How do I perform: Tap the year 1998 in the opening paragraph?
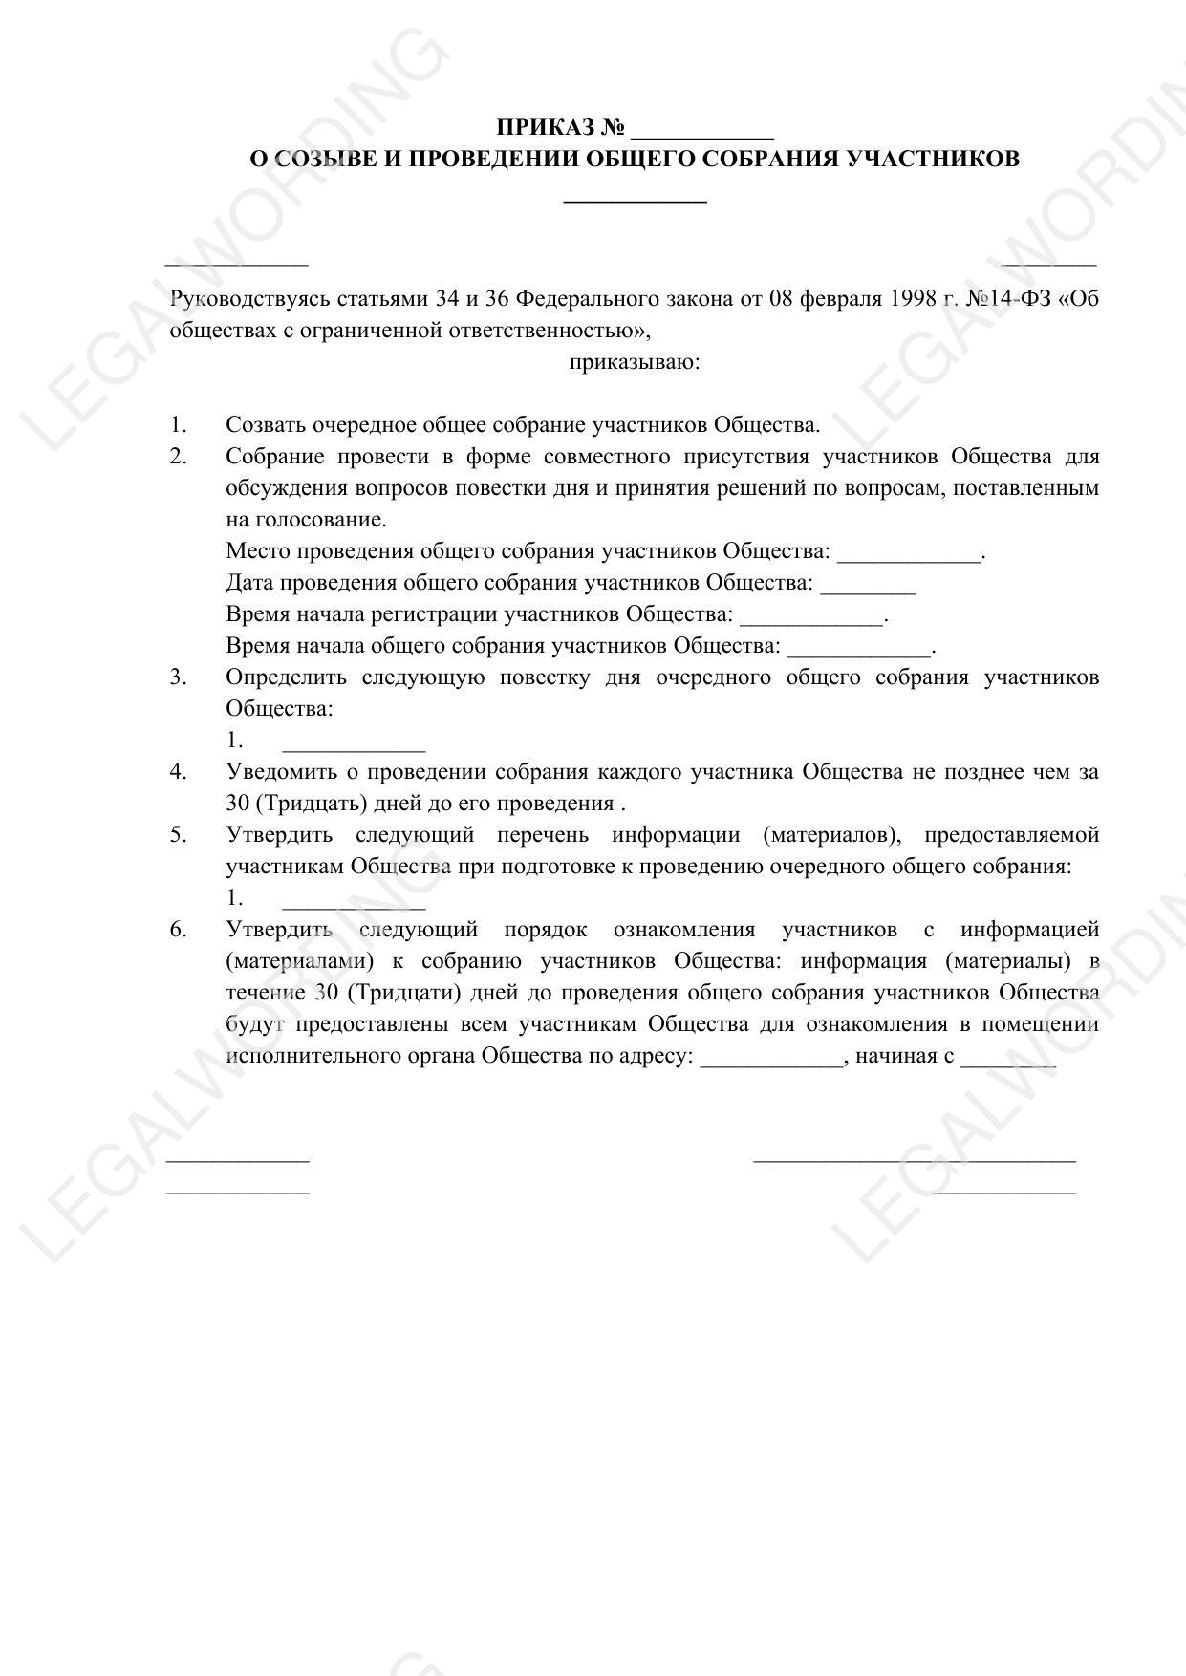click(x=913, y=299)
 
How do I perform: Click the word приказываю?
click(x=635, y=363)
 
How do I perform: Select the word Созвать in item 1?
click(x=266, y=425)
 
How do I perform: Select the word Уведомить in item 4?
click(x=278, y=772)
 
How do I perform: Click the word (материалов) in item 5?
click(x=832, y=835)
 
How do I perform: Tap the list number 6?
click(x=178, y=930)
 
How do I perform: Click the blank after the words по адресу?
click(x=771, y=1060)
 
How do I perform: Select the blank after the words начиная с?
click(x=1008, y=1060)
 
